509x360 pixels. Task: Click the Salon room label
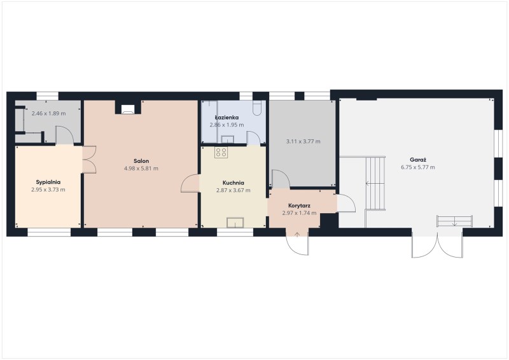(x=141, y=161)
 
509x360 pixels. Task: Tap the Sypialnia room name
(x=48, y=182)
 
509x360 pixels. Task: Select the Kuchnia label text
(x=233, y=183)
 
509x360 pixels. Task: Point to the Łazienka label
(x=227, y=117)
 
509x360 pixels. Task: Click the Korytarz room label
(x=299, y=205)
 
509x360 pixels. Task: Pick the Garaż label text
(x=418, y=160)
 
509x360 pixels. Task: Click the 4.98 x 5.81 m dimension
(x=141, y=169)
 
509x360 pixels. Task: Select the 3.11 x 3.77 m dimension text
(x=303, y=142)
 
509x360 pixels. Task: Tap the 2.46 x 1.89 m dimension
(x=48, y=114)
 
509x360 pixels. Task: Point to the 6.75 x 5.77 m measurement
(x=418, y=167)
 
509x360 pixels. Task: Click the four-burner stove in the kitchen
(x=221, y=152)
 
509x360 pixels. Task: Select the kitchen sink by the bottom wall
(x=235, y=222)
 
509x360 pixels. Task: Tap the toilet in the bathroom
(x=257, y=109)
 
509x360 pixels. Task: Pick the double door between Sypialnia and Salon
(x=89, y=160)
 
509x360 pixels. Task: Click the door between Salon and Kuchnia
(x=190, y=184)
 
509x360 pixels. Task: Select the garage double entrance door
(x=437, y=244)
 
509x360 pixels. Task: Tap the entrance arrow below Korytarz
(x=297, y=235)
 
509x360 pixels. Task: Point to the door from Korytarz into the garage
(x=346, y=204)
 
